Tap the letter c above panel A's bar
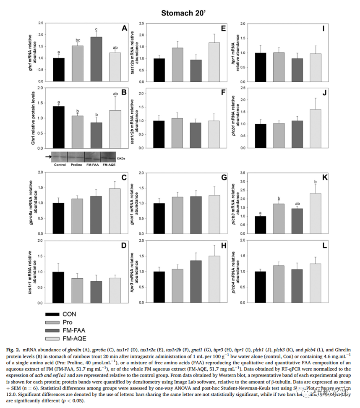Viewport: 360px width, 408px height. [x=96, y=29]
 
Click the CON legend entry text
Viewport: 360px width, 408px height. [x=70, y=314]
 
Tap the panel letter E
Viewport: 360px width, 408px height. [x=223, y=29]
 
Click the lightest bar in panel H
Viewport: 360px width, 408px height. [x=214, y=280]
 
